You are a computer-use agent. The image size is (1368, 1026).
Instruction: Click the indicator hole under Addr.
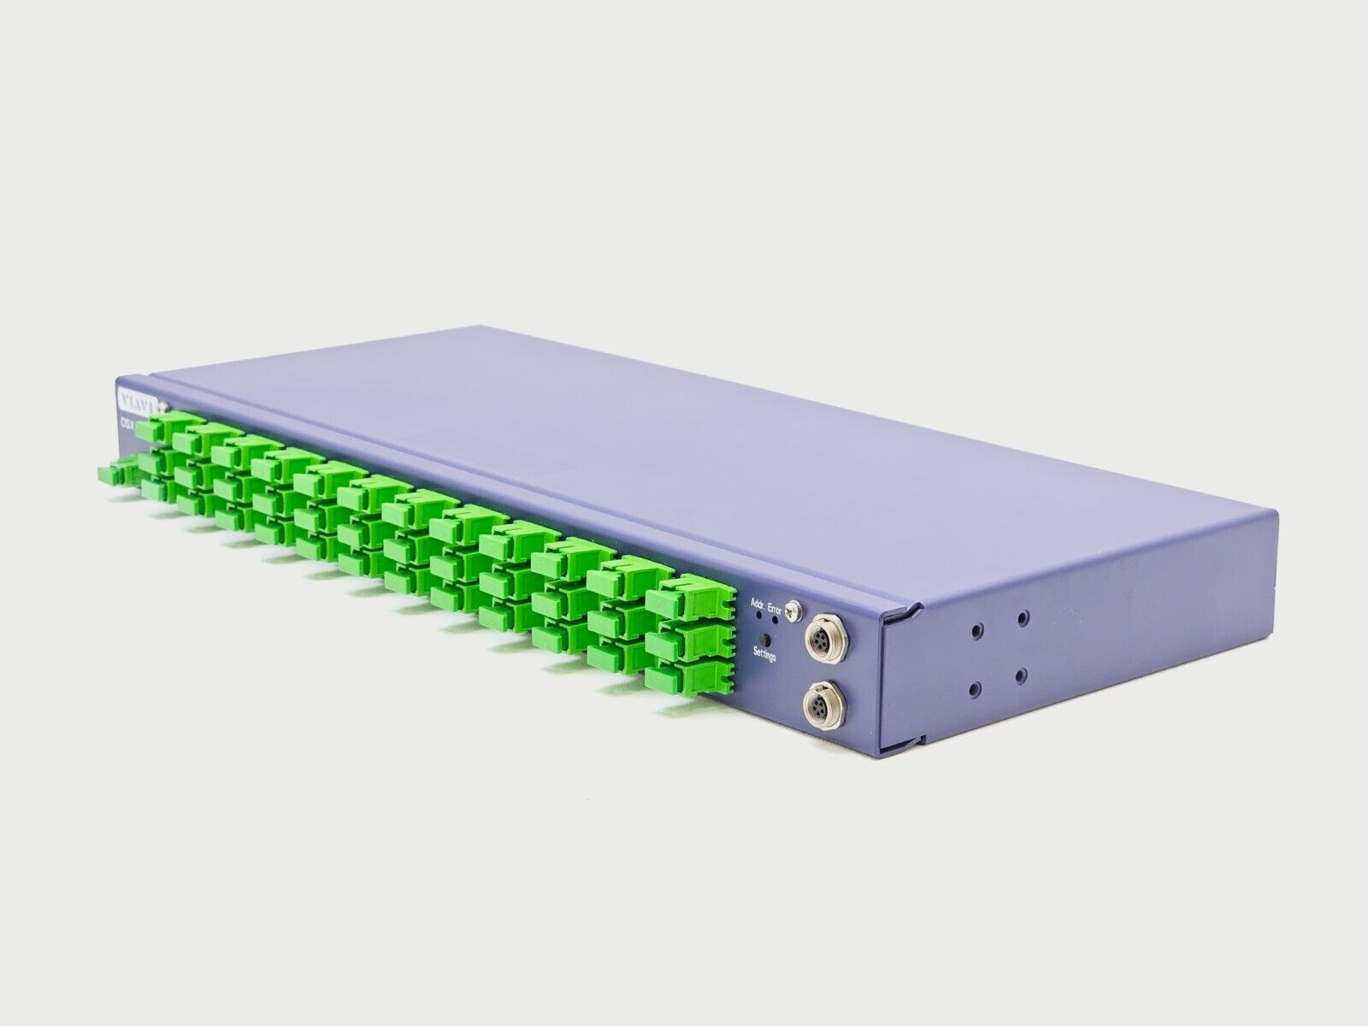(x=759, y=615)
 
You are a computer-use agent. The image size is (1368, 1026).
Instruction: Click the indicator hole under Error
(x=775, y=620)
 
